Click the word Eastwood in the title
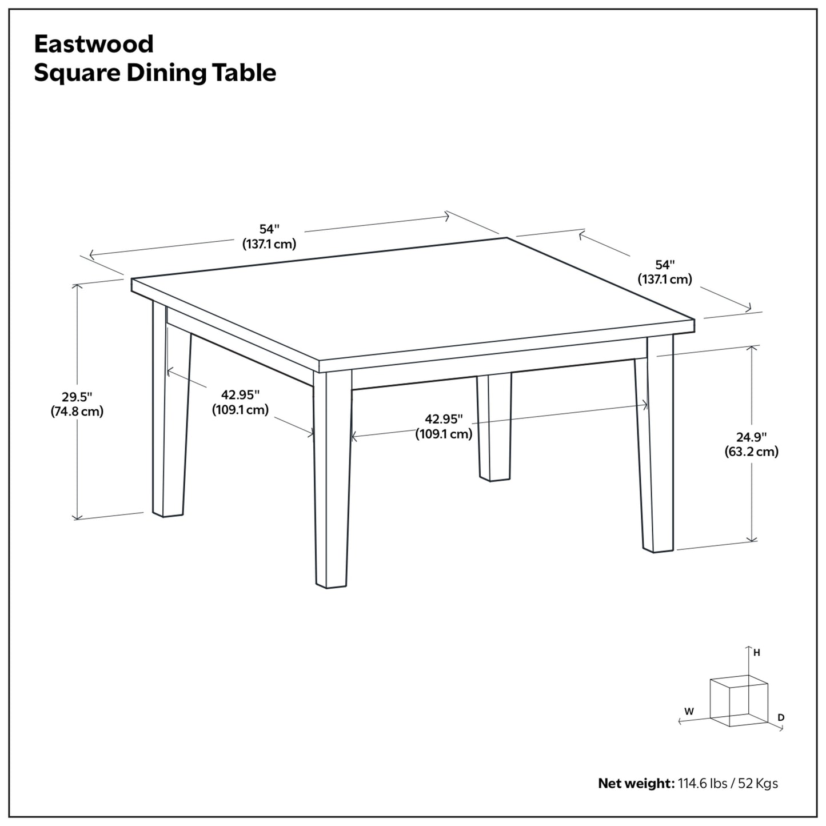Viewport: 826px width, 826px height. pos(94,44)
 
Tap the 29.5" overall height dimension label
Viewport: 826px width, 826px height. pos(77,396)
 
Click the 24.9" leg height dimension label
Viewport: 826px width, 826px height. pos(751,437)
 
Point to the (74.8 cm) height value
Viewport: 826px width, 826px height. pos(77,411)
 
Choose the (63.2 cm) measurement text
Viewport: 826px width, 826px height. pos(751,452)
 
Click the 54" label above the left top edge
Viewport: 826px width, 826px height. pos(269,229)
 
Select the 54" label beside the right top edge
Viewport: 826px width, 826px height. pos(665,265)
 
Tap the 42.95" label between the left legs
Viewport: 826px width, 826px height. pos(240,394)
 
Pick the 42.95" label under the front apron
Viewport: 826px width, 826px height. pos(444,419)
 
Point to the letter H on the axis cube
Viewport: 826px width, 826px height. pos(756,652)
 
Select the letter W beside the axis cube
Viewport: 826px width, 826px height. pos(689,712)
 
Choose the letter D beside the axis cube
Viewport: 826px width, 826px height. pos(781,717)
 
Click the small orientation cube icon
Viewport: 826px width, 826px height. pos(738,700)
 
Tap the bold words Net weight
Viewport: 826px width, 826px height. pos(636,783)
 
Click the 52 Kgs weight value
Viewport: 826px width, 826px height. pos(757,783)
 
